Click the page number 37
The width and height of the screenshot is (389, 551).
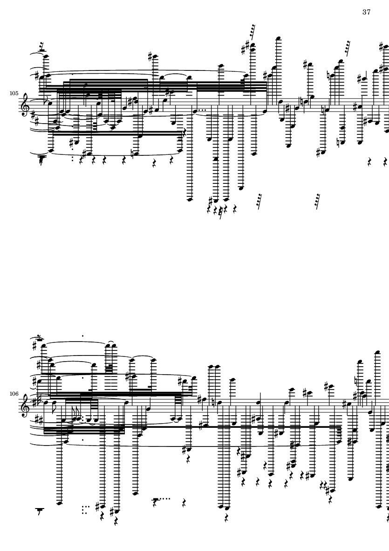coord(366,12)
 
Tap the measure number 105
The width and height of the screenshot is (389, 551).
coord(14,93)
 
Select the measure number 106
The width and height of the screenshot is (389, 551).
coord(14,394)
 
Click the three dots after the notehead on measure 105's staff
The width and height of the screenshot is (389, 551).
coord(202,110)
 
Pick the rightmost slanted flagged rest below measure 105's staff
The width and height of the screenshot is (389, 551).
coord(317,201)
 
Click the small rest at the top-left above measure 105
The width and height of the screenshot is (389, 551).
coord(42,46)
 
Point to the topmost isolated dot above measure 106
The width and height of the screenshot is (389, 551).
coord(82,335)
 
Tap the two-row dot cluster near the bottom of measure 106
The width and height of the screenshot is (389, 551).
coord(86,510)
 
